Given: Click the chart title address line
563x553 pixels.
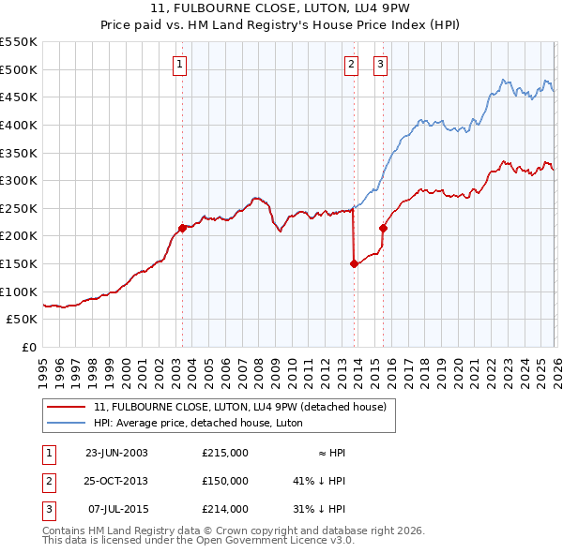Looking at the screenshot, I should coord(281,10).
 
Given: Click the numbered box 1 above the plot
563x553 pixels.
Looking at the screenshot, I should coord(179,65).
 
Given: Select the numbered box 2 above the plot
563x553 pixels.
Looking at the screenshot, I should coord(351,65).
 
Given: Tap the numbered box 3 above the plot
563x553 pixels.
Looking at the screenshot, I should coord(380,65).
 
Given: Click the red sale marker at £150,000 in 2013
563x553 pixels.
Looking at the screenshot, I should coord(354,264).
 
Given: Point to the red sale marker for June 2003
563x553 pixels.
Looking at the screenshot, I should coord(182,228).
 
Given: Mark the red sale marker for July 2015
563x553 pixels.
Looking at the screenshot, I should coord(383,228).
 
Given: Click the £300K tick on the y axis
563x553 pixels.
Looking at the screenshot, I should coord(19,180).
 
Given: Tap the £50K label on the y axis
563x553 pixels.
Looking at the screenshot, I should coord(23,320).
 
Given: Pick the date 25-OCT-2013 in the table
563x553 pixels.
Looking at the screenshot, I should coord(116,481).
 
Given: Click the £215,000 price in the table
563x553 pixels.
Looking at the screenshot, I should coord(225,453).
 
